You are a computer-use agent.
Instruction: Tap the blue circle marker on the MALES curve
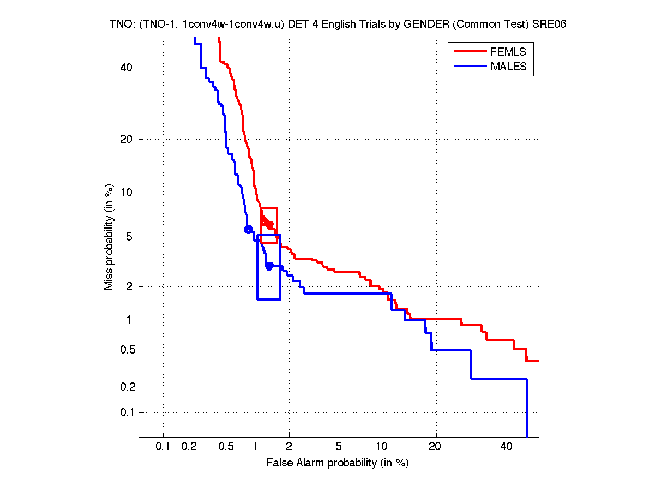[x=248, y=229]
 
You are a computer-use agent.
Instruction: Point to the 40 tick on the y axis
[x=127, y=68]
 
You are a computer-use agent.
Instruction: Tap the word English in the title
[x=330, y=25]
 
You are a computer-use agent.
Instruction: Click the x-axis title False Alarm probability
[x=338, y=463]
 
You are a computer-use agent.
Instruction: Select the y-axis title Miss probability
[x=110, y=237]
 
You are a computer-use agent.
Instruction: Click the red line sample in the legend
[x=470, y=52]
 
